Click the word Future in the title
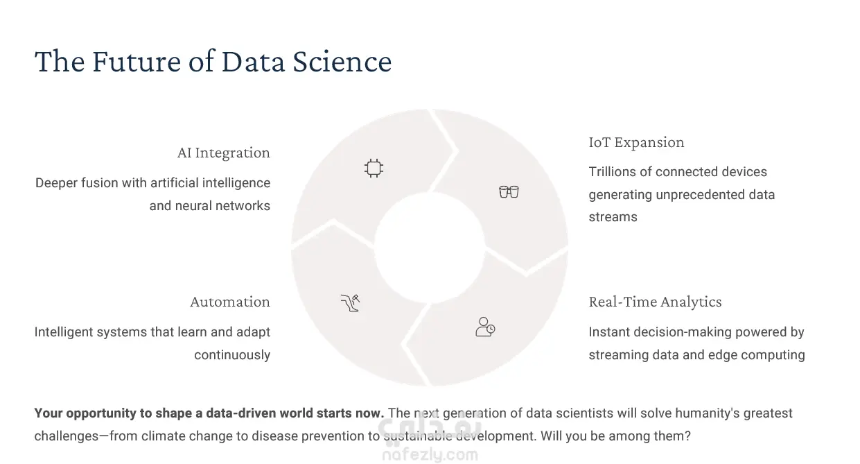click(x=137, y=62)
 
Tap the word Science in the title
click(x=342, y=62)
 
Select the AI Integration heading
click(x=223, y=153)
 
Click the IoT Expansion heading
click(x=636, y=142)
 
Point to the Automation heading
click(x=230, y=302)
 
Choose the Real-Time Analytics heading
click(x=655, y=302)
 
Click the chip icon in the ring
click(x=374, y=168)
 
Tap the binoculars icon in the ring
click(x=509, y=191)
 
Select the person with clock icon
click(x=485, y=327)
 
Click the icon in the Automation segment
click(x=350, y=303)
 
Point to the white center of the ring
click(x=430, y=248)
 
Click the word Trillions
click(x=612, y=172)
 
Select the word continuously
click(x=232, y=355)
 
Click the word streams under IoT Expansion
click(x=613, y=217)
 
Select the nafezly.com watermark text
click(x=430, y=455)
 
